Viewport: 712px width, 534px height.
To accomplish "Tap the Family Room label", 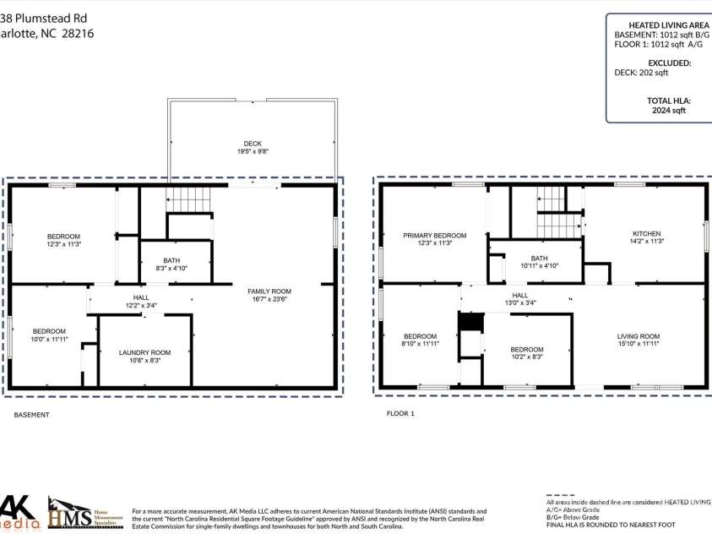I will pos(269,292).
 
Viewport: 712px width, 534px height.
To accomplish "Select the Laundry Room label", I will pos(144,352).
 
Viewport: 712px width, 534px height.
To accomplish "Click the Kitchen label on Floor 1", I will pos(647,234).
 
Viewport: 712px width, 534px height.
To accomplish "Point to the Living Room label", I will pos(638,336).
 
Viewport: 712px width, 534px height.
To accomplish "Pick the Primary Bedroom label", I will pos(434,236).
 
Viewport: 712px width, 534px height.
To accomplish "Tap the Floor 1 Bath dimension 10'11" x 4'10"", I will pos(539,265).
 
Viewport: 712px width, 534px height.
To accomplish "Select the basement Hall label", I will pos(140,297).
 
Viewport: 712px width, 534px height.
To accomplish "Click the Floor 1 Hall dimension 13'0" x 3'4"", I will pos(520,302).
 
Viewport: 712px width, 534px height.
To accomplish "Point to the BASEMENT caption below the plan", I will pos(31,415).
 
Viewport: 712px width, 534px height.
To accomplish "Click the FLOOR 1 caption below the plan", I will pos(400,414).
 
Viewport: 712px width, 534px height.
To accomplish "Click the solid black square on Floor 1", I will pos(470,322).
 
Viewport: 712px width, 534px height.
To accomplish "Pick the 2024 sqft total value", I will pos(669,110).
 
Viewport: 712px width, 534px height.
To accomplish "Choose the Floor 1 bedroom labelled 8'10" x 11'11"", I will pos(420,341).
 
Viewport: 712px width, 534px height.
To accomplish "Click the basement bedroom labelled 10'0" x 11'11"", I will pos(49,335).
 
